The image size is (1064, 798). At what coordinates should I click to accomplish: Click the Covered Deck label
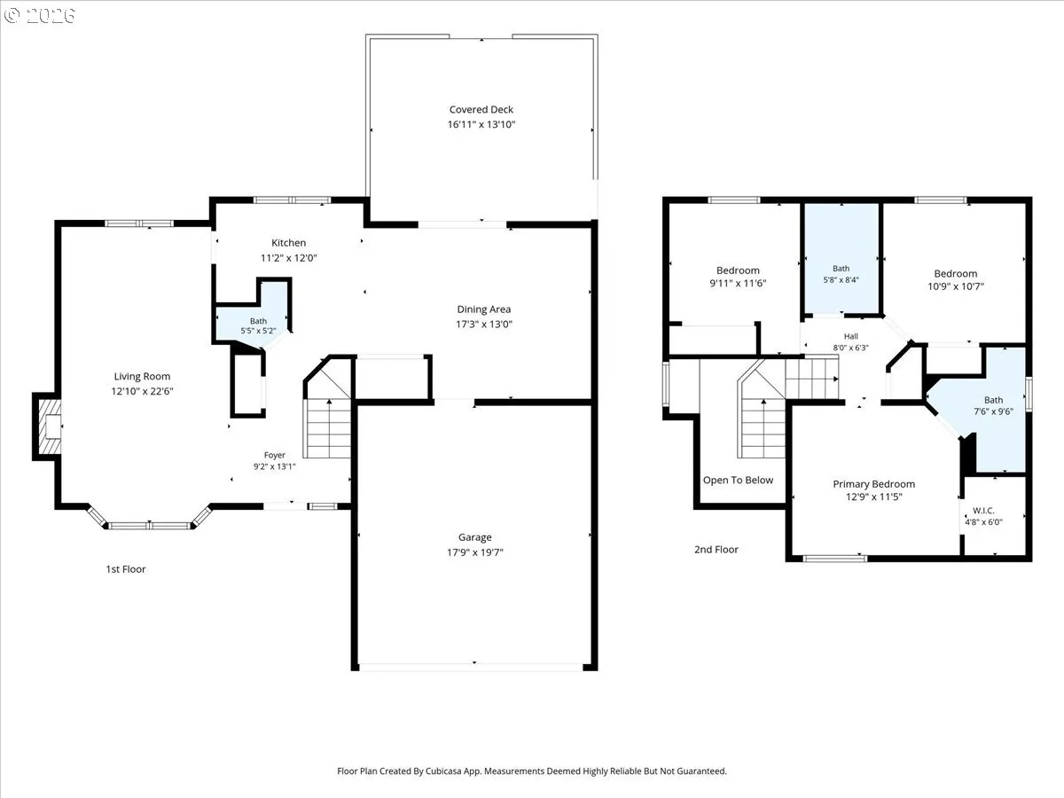click(481, 109)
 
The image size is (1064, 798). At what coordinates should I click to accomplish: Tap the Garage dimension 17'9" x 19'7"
click(475, 552)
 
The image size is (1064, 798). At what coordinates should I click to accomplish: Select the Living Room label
click(142, 377)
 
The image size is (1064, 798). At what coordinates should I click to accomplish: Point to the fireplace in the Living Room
click(49, 426)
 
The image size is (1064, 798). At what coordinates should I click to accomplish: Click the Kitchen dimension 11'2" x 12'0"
click(288, 258)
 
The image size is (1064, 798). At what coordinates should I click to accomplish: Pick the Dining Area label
click(484, 309)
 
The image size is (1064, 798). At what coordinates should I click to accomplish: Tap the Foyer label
click(274, 455)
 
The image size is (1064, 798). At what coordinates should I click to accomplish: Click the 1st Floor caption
click(126, 569)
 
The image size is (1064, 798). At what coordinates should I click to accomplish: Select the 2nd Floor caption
click(716, 550)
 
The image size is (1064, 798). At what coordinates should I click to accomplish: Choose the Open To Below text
click(738, 481)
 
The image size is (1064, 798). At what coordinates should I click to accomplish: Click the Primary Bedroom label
click(873, 484)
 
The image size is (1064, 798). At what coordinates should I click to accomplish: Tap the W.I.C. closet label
click(983, 511)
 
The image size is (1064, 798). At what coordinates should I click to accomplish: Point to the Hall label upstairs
click(850, 336)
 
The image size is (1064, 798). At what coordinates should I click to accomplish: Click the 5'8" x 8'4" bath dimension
click(841, 279)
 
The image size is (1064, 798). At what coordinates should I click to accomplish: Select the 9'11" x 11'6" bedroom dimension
click(738, 284)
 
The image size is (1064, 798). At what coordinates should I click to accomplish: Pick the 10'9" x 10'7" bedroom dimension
click(956, 286)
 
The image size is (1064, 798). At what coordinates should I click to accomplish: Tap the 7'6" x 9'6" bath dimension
click(993, 411)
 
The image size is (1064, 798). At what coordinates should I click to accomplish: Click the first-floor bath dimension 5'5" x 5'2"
click(258, 331)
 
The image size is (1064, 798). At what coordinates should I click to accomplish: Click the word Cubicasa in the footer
click(443, 771)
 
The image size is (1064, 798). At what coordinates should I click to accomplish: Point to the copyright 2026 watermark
click(40, 15)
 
